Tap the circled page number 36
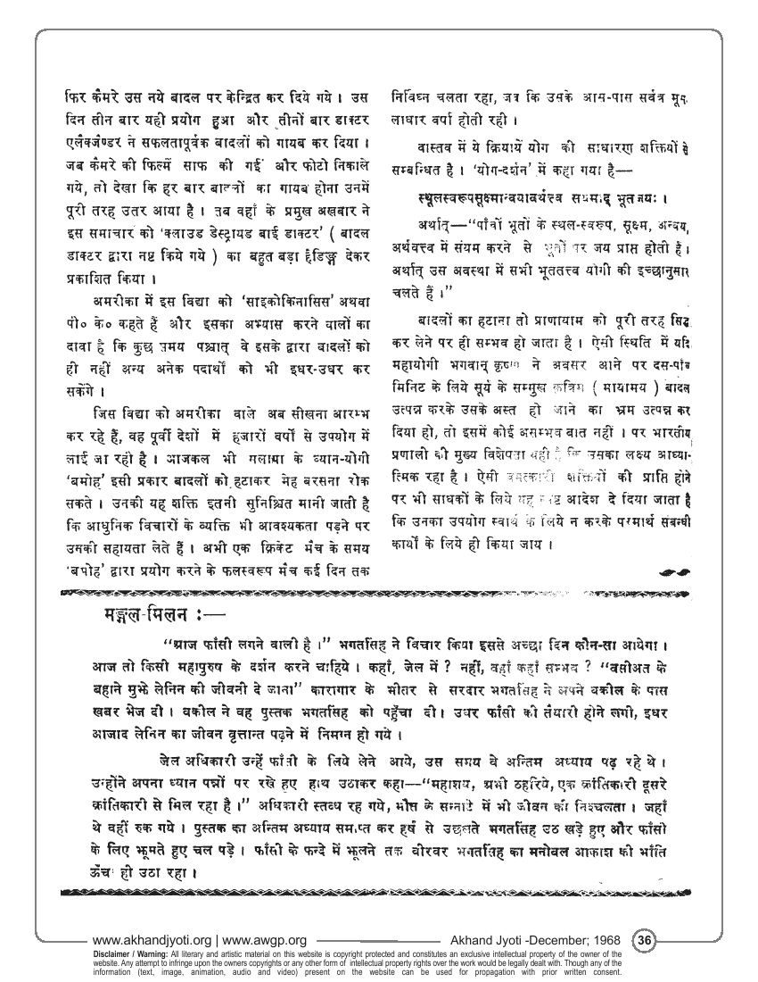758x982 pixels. [x=645, y=939]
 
